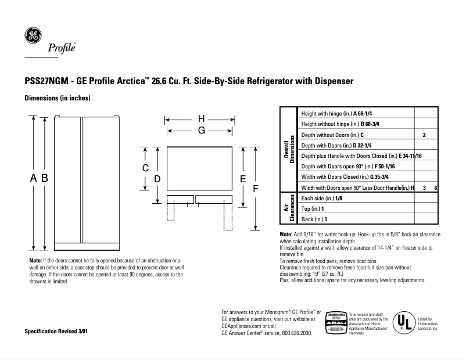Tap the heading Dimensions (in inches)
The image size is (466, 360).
pos(58,98)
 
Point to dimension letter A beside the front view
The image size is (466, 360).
pos(34,178)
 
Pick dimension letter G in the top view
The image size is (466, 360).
pos(201,131)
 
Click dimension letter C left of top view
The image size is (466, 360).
pos(146,168)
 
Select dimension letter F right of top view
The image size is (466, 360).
pos(254,188)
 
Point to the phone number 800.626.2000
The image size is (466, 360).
pos(295,334)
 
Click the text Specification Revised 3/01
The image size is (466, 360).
pos(57,332)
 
